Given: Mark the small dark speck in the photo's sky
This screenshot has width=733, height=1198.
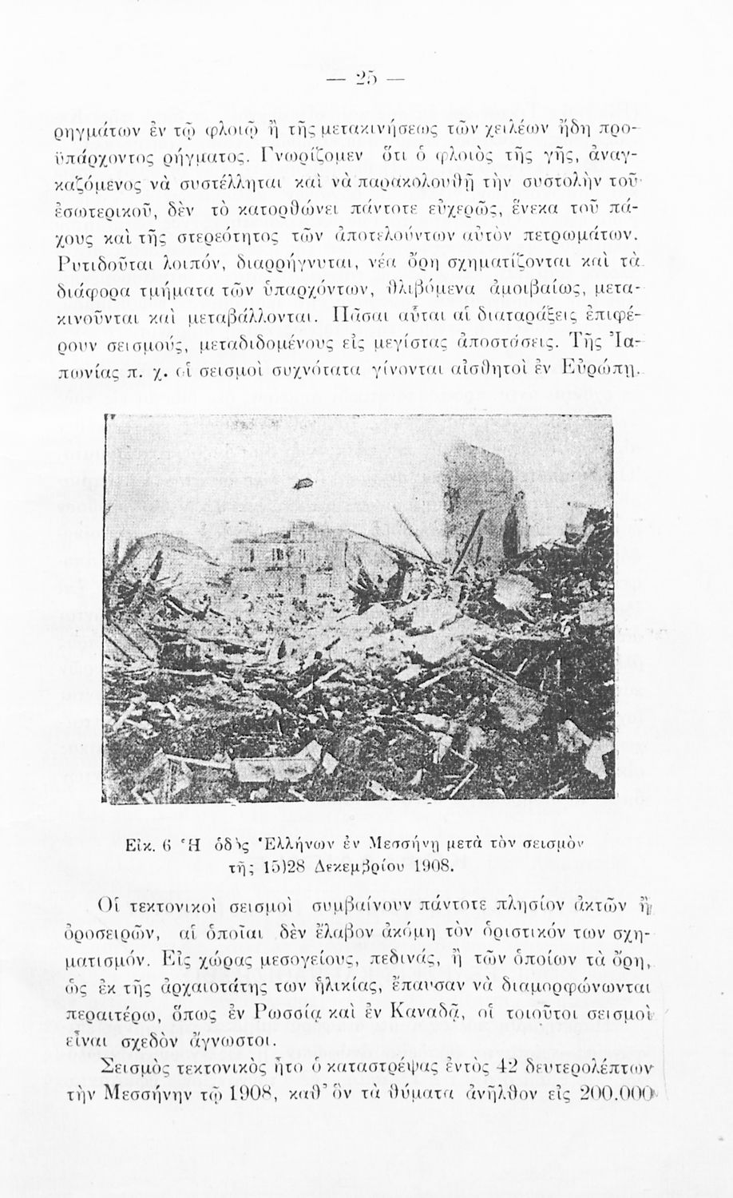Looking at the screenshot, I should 304,480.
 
